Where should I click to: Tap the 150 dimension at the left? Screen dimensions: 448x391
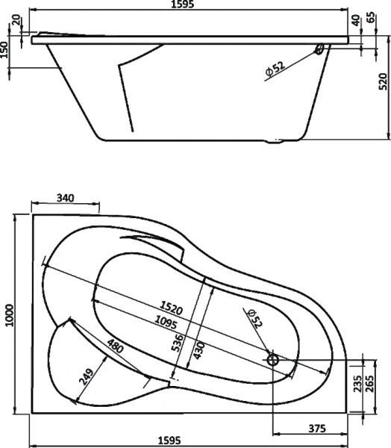point(6,50)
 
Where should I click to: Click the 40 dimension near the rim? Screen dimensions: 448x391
point(357,19)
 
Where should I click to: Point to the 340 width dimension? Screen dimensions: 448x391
point(66,198)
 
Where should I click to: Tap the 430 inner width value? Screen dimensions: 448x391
point(198,346)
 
